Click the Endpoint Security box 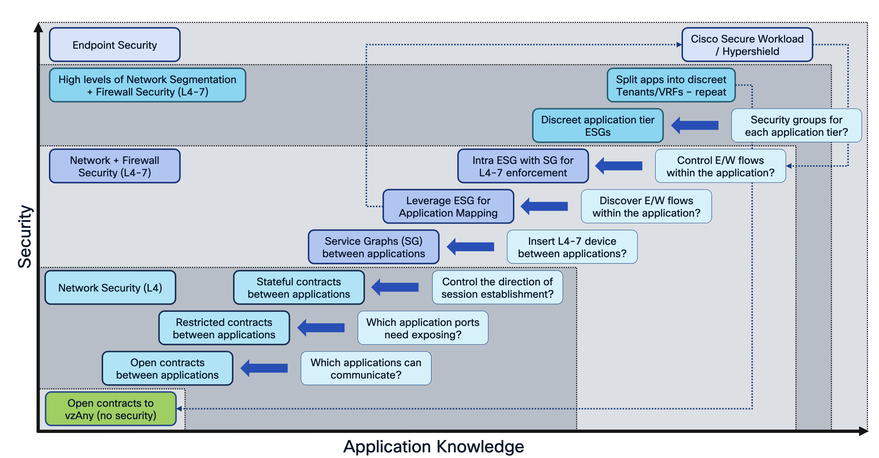click(x=115, y=45)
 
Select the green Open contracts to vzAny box click(x=111, y=409)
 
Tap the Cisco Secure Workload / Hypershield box click(x=747, y=45)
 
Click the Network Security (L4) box click(x=110, y=287)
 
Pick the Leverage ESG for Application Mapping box click(x=448, y=206)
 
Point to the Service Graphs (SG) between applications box click(x=373, y=247)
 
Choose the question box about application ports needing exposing click(x=423, y=328)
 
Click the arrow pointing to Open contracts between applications click(x=264, y=368)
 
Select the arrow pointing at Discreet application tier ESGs click(x=695, y=126)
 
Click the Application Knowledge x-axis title click(x=433, y=446)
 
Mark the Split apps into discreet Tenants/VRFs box click(x=671, y=85)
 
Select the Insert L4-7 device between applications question click(x=572, y=247)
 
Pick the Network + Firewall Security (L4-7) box click(x=115, y=166)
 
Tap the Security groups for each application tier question click(x=796, y=126)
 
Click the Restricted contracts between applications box click(x=224, y=328)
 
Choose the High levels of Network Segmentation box click(x=148, y=85)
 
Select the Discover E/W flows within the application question click(x=646, y=206)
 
